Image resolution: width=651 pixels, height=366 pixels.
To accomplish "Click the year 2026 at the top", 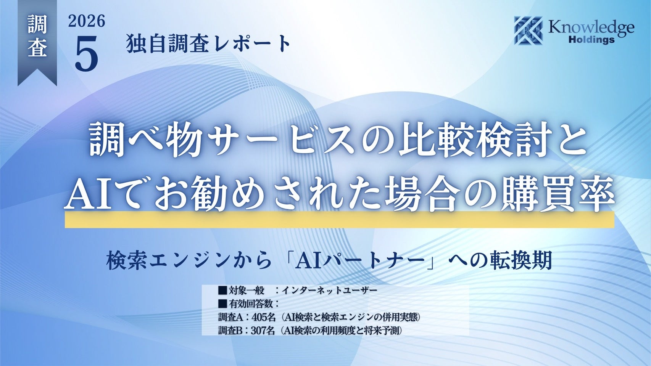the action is tap(87, 21).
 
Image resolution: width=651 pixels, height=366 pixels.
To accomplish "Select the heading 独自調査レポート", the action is tap(208, 44).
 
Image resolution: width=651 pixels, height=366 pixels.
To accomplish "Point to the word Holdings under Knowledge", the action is tap(591, 40).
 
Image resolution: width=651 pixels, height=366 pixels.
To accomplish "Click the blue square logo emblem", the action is tap(529, 30).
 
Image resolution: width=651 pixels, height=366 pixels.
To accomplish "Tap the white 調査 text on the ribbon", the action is tap(37, 36).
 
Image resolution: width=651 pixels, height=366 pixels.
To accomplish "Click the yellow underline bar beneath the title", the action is tap(340, 220).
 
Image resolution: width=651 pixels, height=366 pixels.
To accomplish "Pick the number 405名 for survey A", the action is tap(264, 317).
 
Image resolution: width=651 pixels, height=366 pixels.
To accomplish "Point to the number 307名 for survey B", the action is tap(263, 331).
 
